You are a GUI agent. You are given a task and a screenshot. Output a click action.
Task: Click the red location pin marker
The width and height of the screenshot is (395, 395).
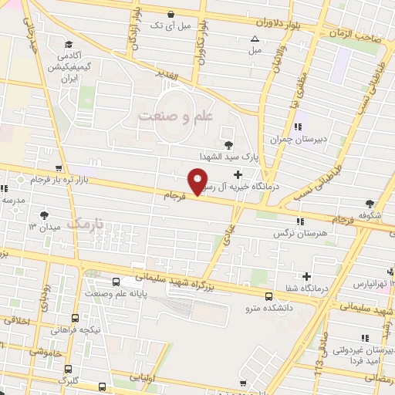click(197, 182)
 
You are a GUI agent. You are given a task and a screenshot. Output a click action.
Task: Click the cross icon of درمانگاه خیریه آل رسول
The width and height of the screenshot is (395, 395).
click(248, 175)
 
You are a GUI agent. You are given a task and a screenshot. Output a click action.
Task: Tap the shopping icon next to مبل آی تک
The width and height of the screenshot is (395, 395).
click(170, 13)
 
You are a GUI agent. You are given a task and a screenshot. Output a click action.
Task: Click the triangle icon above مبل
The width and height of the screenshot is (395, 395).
click(255, 39)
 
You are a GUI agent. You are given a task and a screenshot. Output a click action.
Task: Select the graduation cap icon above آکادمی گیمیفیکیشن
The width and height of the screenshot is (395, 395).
click(69, 44)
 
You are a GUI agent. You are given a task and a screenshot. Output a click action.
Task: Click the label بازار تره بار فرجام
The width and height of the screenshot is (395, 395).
click(59, 180)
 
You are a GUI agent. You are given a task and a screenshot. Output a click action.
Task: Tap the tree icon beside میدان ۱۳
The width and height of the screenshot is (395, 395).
click(42, 215)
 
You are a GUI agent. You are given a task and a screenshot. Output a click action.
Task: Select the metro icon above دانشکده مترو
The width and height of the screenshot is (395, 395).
click(268, 296)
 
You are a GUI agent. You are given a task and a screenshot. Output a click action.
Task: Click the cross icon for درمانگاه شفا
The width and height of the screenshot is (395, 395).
click(307, 275)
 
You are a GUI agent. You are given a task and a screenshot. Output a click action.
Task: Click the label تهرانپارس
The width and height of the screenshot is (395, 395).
click(369, 284)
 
